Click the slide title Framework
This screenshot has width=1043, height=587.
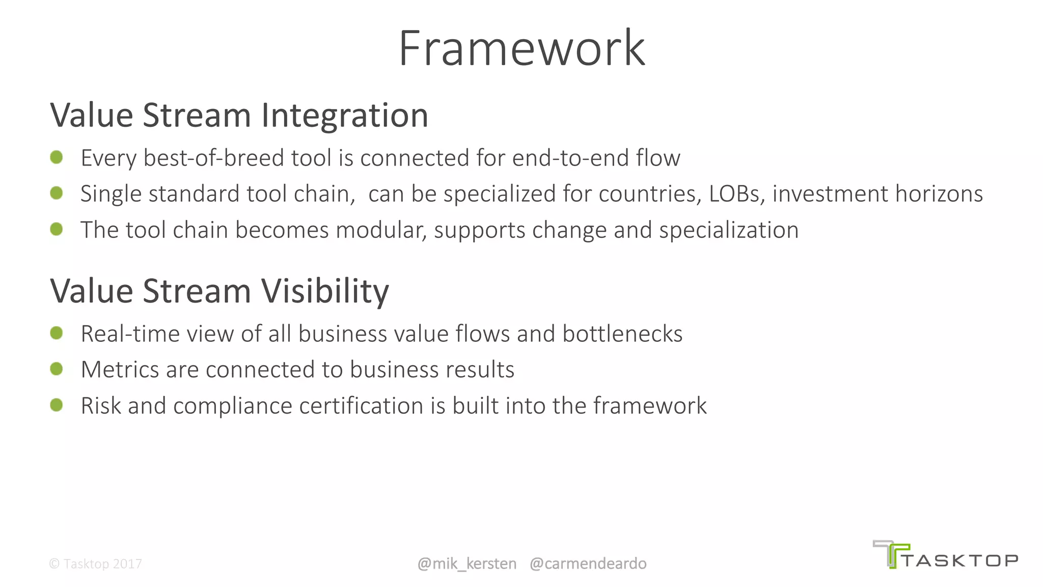pos(521,48)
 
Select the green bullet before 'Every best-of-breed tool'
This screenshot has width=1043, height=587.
pos(57,157)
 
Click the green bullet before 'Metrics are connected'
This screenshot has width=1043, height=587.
pos(57,369)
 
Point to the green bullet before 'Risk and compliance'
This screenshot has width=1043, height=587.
pos(57,405)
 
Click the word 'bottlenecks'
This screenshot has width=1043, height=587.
pos(622,334)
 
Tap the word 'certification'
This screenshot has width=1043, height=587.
pos(361,406)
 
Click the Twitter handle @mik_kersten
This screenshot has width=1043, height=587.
pos(466,564)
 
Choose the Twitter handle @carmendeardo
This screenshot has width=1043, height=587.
pos(588,564)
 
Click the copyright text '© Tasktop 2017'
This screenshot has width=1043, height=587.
pos(95,564)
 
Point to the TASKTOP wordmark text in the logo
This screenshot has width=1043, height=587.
pos(960,561)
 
